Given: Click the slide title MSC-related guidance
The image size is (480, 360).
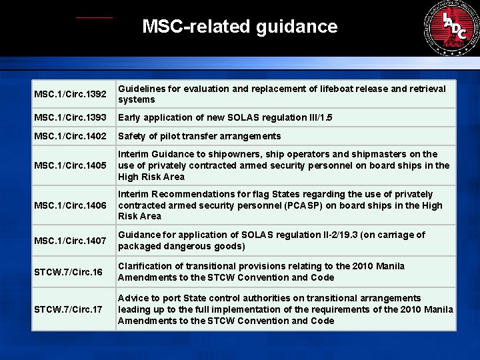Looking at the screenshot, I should (240, 27).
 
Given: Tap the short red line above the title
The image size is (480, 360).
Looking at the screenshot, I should (94, 17).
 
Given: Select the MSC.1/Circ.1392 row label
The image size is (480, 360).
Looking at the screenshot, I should (69, 94).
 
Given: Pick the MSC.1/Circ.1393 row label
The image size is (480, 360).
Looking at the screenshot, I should (69, 118).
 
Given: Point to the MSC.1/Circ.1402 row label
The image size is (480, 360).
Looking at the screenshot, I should (69, 137).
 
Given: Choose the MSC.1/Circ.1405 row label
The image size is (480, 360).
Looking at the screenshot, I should (69, 166).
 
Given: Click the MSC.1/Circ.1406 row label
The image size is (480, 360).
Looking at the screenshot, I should (69, 205).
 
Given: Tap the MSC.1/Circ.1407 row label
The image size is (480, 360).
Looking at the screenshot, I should (69, 241).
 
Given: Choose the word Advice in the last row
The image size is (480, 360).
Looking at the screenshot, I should (133, 298).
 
